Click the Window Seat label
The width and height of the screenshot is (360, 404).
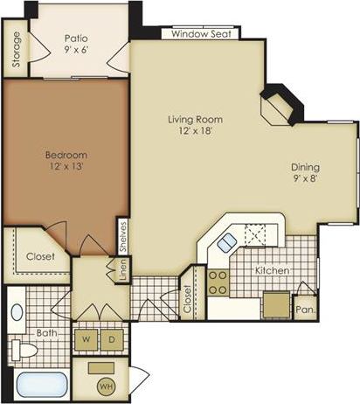coord(200,34)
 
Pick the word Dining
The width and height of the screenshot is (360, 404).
coord(305,167)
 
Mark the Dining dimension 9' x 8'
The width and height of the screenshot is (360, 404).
coord(305,180)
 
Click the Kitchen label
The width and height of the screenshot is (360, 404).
coord(272,271)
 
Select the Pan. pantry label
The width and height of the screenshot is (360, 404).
coord(304,309)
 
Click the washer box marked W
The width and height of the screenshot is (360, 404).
coord(87,338)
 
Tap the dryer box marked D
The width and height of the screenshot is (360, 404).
coord(112,338)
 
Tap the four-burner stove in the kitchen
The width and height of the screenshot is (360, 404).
coord(218,282)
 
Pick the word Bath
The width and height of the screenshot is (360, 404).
coord(46,332)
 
